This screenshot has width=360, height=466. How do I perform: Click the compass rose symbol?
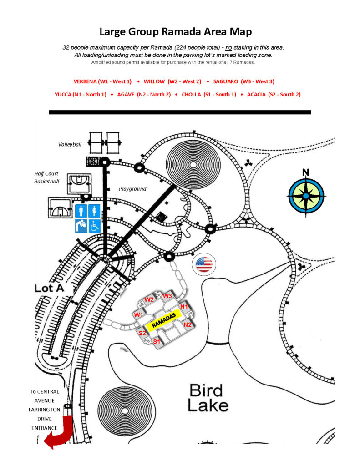pos(306,196)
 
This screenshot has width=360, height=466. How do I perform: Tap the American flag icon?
pos(204,264)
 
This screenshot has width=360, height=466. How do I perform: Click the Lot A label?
pos(48,288)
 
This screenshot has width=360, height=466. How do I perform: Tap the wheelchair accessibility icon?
pos(94,225)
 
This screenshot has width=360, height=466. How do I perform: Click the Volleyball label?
pos(70,144)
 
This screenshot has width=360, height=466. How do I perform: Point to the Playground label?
pos(132,188)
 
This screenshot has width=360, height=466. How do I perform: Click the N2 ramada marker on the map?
pos(187,324)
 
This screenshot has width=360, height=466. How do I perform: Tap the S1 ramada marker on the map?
pos(156,341)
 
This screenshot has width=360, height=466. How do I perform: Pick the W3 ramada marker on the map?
pos(167,296)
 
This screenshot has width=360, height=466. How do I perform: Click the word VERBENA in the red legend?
pos(85,81)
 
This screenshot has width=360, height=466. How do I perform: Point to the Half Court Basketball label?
pos(47,177)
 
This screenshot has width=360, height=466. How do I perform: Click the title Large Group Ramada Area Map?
pos(175,32)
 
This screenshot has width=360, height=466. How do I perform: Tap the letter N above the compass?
pos(306,172)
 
